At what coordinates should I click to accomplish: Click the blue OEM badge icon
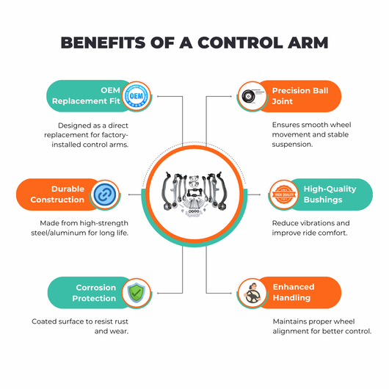[x=137, y=96]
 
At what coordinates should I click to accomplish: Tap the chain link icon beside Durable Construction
[x=105, y=194]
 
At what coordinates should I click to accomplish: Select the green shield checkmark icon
[x=137, y=293]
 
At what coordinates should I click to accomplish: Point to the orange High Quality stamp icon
[x=284, y=194]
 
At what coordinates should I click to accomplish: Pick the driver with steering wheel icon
[x=252, y=294]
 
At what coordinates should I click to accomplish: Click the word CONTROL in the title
[x=240, y=43]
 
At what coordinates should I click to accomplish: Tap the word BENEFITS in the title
[x=103, y=43]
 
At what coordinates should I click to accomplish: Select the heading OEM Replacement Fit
[x=86, y=95]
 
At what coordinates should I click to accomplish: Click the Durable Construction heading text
[x=57, y=194]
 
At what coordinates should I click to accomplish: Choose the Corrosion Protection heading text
[x=94, y=293]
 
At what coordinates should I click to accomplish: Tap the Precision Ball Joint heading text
[x=300, y=95]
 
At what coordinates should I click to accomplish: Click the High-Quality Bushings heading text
[x=330, y=194]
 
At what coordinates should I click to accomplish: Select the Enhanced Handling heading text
[x=294, y=292]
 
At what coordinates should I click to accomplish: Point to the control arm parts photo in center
[x=194, y=194]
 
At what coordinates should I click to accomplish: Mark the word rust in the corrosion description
[x=121, y=321]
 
